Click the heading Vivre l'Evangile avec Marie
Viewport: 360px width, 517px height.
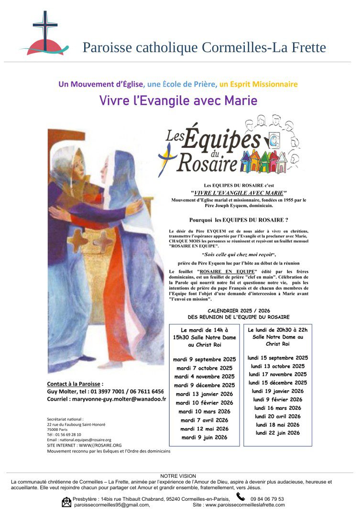click(x=178, y=101)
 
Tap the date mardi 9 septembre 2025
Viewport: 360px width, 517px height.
click(x=205, y=359)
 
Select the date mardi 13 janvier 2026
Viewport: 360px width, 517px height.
click(x=205, y=394)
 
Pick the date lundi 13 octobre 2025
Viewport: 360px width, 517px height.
click(x=278, y=366)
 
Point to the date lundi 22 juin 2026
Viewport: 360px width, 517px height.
click(x=278, y=433)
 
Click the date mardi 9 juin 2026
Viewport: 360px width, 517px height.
click(x=205, y=437)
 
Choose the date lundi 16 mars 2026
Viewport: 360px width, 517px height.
click(x=278, y=408)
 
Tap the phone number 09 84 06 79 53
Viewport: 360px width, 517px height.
click(x=267, y=499)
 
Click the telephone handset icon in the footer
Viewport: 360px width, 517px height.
click(x=240, y=497)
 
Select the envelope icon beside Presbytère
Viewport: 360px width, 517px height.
click(x=66, y=502)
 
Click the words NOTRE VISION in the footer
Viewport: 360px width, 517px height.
click(x=178, y=476)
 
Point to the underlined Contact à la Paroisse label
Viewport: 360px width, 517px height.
click(x=75, y=384)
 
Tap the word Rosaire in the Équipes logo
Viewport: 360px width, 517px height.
click(x=207, y=163)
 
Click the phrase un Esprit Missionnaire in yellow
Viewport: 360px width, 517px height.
click(x=258, y=84)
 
